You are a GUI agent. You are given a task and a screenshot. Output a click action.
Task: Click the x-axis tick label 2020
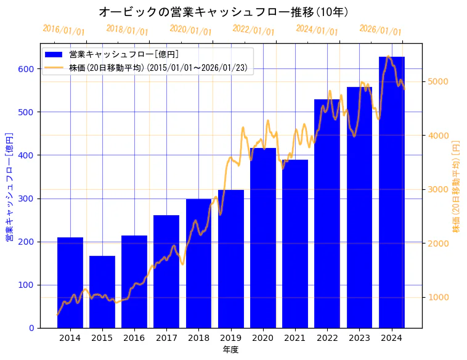[263, 338]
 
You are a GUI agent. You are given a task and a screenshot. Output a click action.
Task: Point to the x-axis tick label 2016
[134, 338]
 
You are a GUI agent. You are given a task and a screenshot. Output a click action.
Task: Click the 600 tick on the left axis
[26, 69]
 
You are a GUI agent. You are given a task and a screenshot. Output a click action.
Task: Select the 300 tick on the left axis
[26, 198]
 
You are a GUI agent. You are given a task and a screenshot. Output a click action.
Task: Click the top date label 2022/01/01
[253, 30]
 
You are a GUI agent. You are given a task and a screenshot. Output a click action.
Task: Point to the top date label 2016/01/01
[63, 30]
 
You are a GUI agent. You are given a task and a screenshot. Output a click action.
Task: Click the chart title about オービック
[224, 12]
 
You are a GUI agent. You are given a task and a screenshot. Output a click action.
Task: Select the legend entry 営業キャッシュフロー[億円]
[124, 54]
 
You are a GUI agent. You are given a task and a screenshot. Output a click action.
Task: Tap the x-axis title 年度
[230, 350]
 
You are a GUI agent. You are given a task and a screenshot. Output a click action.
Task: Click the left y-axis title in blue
[9, 186]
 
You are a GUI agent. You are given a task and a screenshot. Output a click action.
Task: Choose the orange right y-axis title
[456, 186]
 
